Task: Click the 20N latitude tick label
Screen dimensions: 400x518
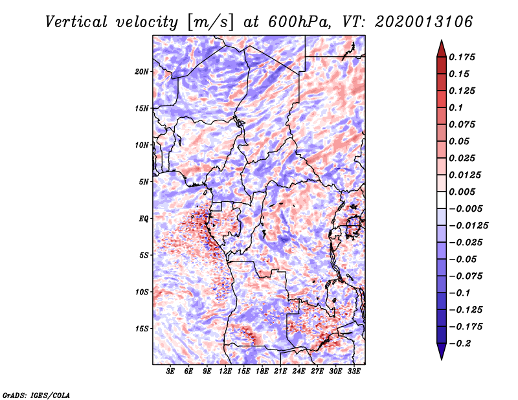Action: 142,71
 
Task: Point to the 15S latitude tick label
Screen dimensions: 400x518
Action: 142,329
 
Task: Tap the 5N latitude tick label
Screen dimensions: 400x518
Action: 144,182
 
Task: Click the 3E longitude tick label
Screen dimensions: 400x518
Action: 171,372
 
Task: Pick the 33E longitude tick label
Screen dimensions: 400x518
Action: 354,372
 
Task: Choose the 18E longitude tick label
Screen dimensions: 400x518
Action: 262,372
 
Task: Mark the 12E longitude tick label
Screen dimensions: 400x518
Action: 225,372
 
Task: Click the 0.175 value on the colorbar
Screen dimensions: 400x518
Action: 464,57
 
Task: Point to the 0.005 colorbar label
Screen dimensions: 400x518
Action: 464,192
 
